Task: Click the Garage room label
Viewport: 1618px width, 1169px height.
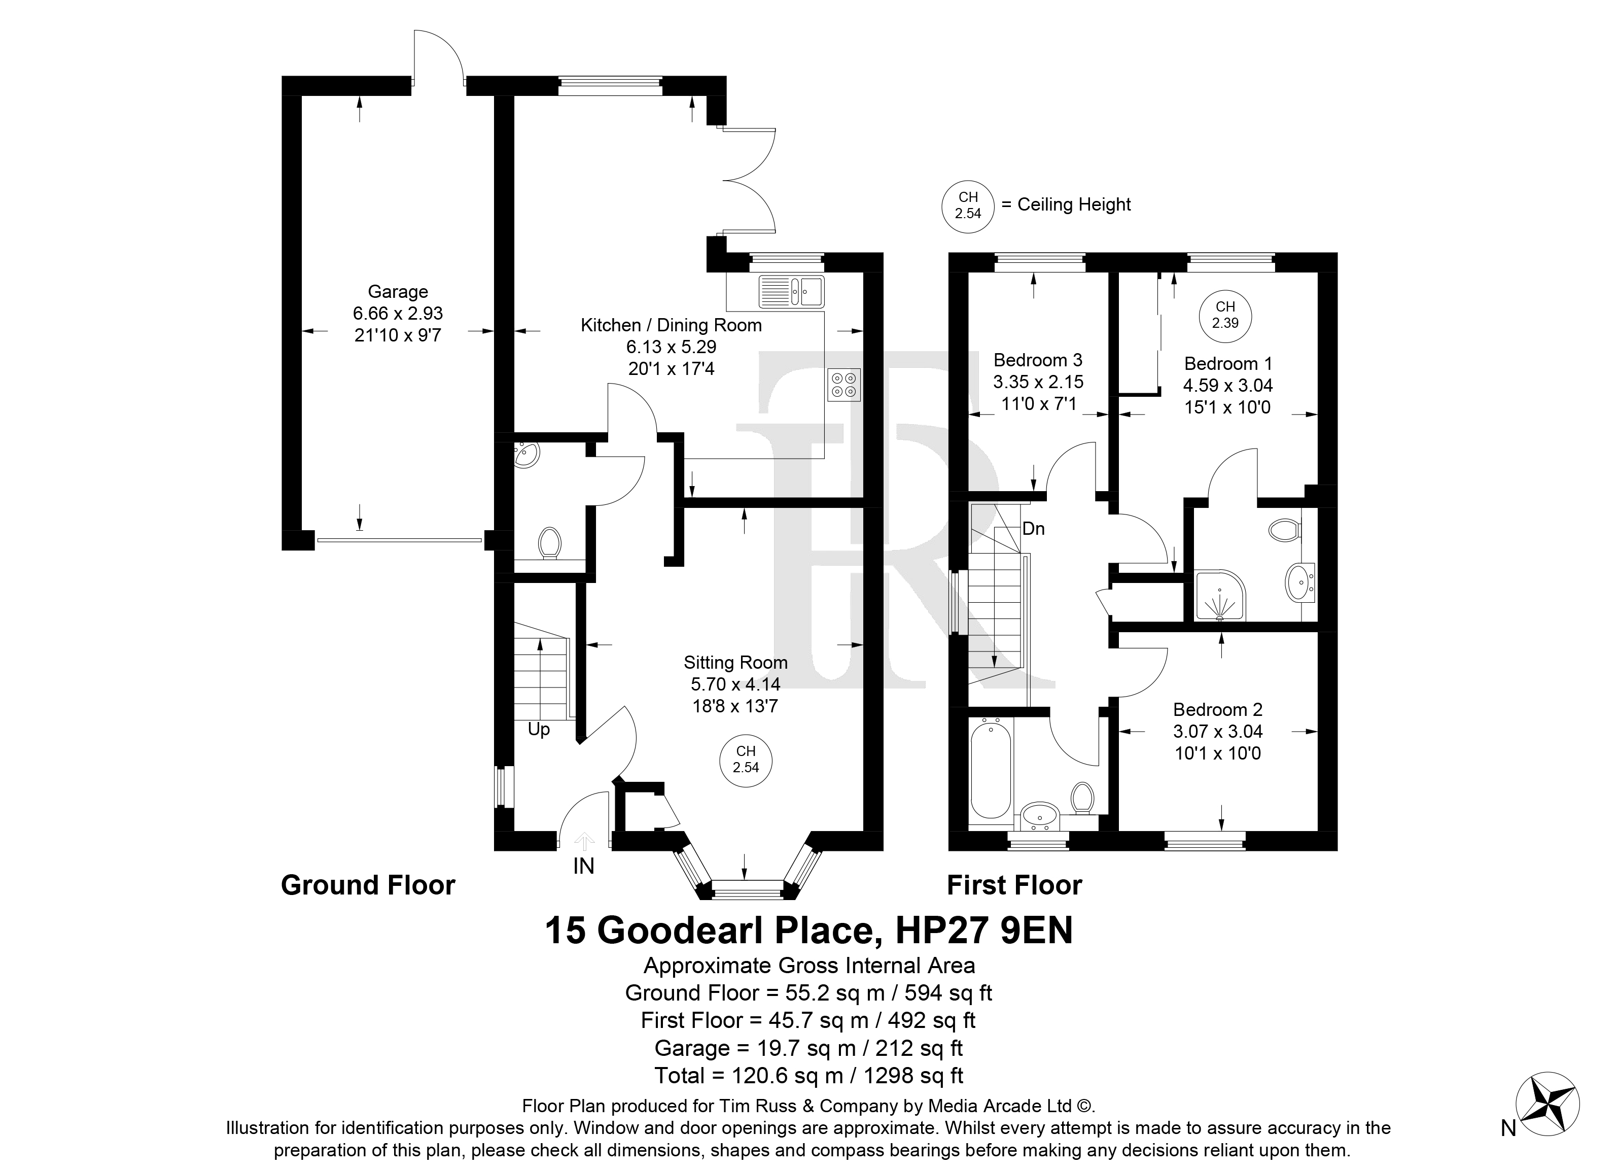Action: coord(397,292)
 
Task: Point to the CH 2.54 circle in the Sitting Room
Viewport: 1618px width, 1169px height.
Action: coord(746,760)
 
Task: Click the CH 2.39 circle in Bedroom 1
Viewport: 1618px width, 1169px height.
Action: coord(1225,315)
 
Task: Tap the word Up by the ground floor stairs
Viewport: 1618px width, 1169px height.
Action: coord(539,730)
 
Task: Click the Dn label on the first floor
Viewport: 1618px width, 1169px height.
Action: coord(1034,529)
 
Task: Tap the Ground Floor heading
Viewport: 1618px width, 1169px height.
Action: coord(368,885)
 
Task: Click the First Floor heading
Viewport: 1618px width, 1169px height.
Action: coord(1014,885)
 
